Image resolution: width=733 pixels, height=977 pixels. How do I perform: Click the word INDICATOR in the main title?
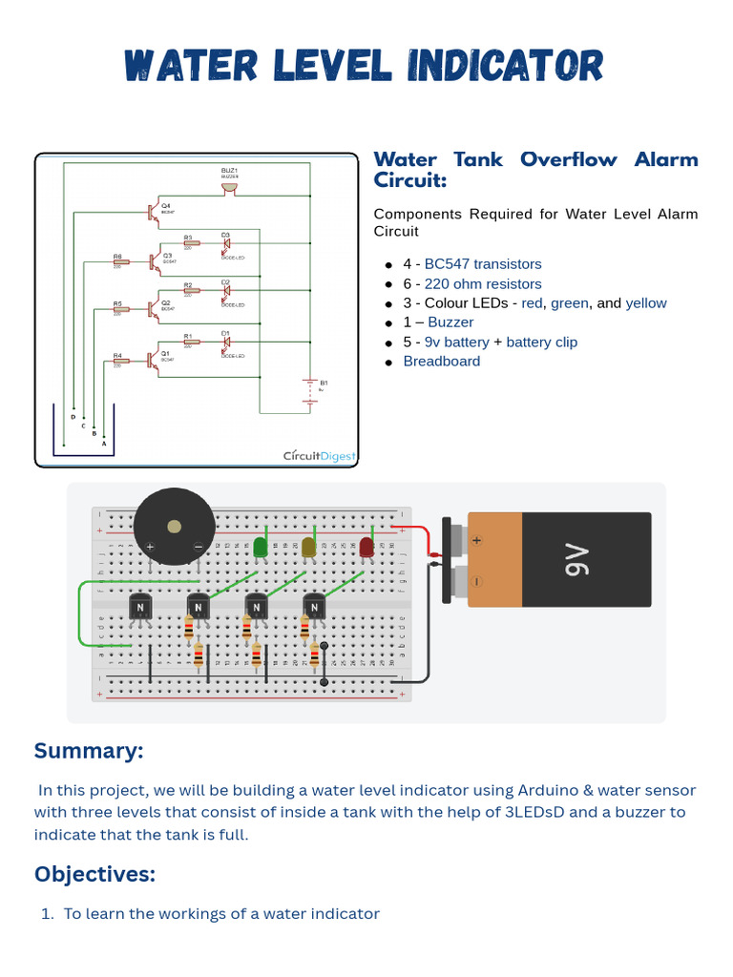(x=506, y=67)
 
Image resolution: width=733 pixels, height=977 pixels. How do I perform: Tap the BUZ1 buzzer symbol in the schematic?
(x=229, y=186)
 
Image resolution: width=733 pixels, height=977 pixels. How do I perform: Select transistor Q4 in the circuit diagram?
(x=153, y=212)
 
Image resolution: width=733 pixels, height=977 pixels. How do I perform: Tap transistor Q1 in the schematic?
(x=153, y=360)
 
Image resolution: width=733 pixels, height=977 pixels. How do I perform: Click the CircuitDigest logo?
(x=319, y=456)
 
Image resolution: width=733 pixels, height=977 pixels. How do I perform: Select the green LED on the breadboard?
(x=260, y=547)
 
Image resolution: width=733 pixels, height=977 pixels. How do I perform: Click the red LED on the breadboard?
(x=366, y=547)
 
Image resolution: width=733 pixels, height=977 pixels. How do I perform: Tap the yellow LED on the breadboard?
(x=308, y=547)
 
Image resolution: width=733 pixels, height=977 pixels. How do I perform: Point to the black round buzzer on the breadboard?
(x=174, y=527)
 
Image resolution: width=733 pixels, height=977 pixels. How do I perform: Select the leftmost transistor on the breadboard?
(x=140, y=607)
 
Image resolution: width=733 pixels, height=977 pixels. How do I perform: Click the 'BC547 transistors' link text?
(x=482, y=264)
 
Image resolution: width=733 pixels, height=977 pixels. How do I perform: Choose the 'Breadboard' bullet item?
(x=441, y=361)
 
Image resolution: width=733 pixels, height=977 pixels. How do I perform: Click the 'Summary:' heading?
(x=89, y=751)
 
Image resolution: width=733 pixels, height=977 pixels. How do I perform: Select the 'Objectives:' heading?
(x=94, y=874)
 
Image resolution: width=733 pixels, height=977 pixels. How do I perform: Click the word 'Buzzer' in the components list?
(x=450, y=322)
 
